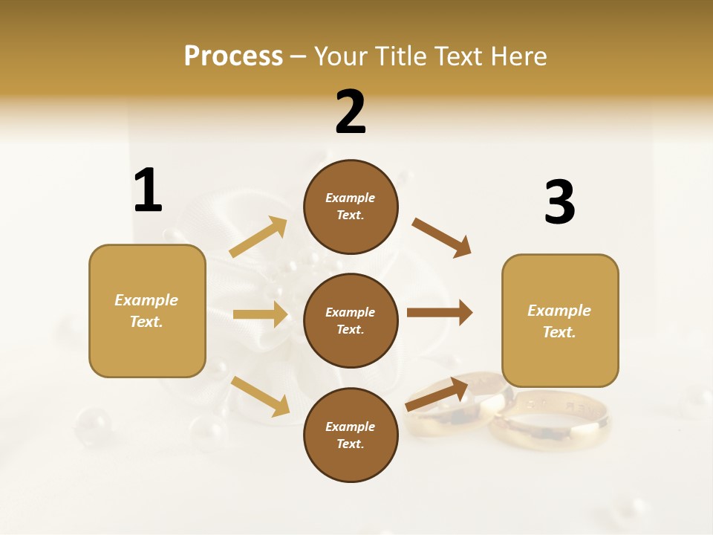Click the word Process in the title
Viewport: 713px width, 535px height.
(x=233, y=56)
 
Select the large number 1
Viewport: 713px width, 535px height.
(x=148, y=191)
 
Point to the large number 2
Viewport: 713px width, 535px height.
(x=351, y=112)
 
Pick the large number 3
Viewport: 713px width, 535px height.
(x=559, y=203)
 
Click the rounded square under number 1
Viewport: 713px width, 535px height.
(x=147, y=311)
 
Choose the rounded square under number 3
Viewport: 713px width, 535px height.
(x=560, y=320)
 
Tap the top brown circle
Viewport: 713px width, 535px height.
(x=351, y=207)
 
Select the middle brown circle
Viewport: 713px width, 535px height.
(x=351, y=320)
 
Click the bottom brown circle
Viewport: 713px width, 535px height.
(x=351, y=435)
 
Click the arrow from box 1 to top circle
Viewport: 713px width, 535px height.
(x=258, y=237)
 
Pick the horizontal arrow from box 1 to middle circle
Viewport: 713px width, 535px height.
(x=260, y=314)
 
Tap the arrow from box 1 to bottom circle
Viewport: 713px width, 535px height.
(x=260, y=396)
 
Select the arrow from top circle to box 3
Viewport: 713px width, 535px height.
(x=441, y=237)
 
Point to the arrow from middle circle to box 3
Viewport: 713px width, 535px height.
(x=439, y=313)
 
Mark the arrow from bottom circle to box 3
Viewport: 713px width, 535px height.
(x=437, y=394)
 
